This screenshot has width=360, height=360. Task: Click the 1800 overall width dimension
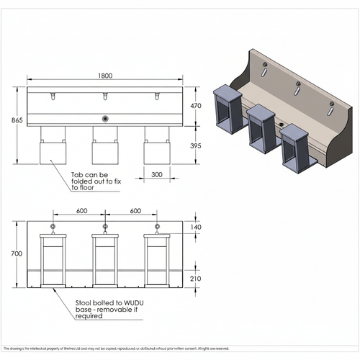pos(105,74)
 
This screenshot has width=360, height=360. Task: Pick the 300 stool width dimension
pos(156,174)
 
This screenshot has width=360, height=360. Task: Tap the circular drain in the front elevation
pos(106,119)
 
